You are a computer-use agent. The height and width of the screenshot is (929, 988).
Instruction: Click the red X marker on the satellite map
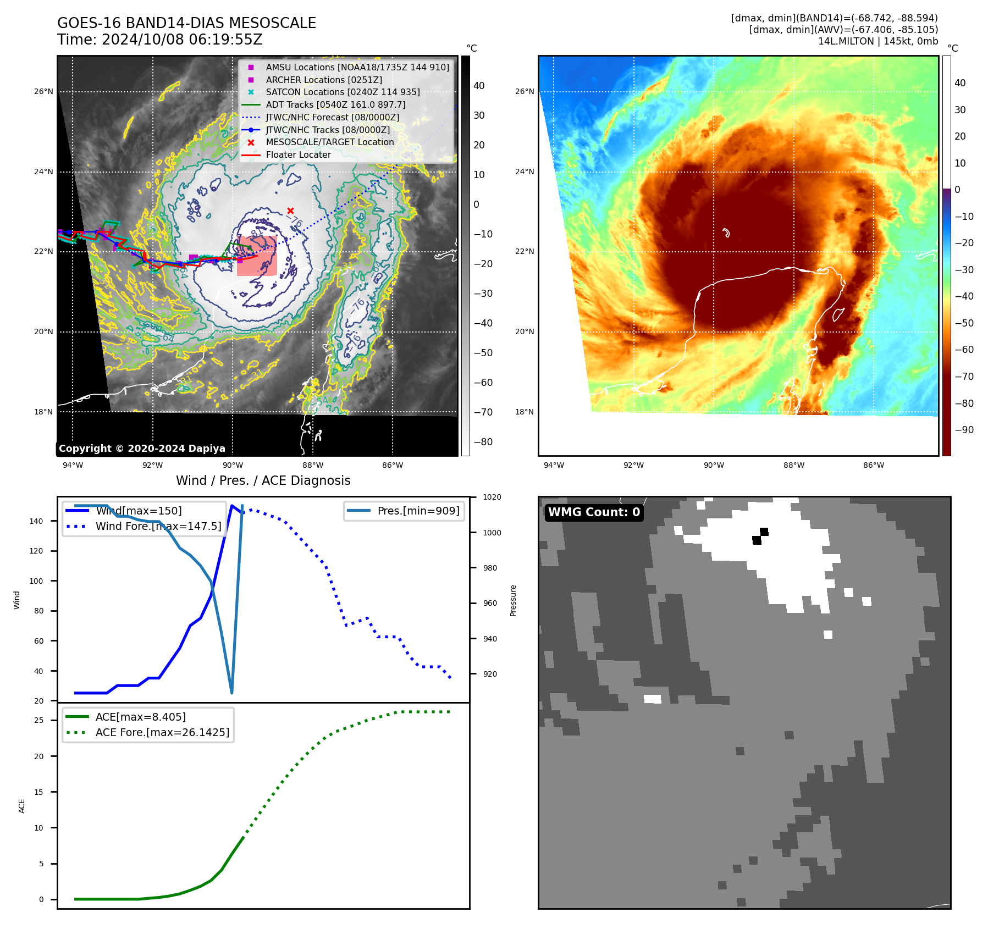point(290,211)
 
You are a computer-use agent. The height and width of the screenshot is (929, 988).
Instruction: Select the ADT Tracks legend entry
point(335,104)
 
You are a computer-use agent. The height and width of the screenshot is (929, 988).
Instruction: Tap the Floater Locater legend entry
point(298,154)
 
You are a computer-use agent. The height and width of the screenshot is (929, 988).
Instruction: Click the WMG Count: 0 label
point(594,512)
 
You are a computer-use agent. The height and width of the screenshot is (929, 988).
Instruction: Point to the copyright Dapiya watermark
point(142,449)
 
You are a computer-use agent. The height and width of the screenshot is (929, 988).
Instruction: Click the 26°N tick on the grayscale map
point(43,91)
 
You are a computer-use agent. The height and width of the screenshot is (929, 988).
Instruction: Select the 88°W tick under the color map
point(793,465)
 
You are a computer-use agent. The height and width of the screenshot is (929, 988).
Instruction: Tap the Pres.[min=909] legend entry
point(418,511)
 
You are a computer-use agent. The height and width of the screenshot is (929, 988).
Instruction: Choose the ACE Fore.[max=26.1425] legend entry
point(162,732)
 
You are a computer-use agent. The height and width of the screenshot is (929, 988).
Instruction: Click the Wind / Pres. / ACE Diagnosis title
point(263,480)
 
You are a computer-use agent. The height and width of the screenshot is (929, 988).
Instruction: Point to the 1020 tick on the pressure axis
point(492,497)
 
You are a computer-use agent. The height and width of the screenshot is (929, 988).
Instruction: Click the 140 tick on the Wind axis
point(36,521)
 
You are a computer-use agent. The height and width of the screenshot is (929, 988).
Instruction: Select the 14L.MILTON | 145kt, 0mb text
point(877,41)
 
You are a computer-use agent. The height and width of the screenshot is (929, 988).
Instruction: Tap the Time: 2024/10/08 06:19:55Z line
point(159,40)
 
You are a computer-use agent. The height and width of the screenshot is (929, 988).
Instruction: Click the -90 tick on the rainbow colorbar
point(964,430)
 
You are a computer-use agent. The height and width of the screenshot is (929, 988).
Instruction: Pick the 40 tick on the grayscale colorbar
point(479,86)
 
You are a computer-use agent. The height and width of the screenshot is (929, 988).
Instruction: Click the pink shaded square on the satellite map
point(257,256)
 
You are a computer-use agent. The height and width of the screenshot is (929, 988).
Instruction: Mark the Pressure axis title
point(513,600)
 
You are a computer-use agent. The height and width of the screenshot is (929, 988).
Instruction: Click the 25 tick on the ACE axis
point(39,720)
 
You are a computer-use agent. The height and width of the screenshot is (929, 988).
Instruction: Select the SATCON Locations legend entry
point(343,92)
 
